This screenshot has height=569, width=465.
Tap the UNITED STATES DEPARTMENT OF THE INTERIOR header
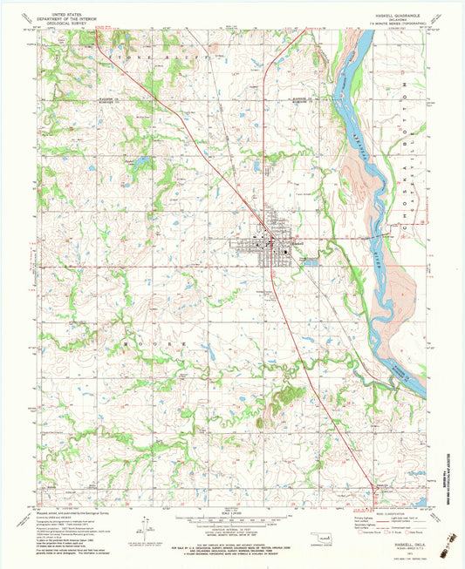click(x=75, y=17)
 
